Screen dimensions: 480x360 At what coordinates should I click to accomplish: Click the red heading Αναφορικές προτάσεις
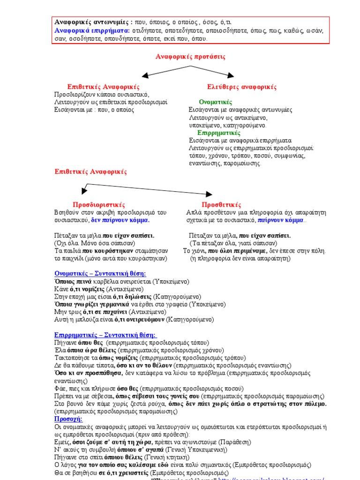190,57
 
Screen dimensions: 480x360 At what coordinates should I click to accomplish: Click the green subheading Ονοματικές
215,102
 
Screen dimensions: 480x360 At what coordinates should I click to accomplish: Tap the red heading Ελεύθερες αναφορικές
242,87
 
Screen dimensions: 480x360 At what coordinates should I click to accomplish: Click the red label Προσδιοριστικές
99,205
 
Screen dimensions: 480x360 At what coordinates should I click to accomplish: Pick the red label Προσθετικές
221,205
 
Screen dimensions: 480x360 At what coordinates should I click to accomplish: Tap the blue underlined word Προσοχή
68,419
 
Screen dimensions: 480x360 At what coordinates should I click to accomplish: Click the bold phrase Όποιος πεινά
73,281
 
